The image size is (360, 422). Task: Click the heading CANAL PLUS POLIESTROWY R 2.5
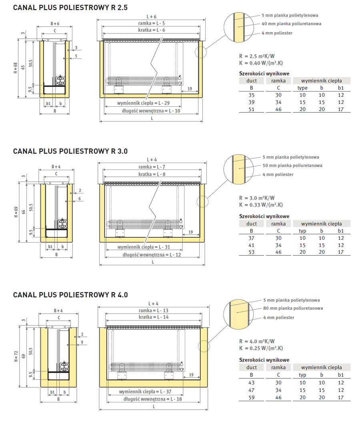pos(70,7)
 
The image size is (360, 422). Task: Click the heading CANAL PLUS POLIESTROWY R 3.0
pos(70,151)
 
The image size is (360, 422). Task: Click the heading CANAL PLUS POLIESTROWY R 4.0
pos(70,295)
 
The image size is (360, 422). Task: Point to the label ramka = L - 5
pos(151,24)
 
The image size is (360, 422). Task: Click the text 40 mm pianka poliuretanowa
pos(292,24)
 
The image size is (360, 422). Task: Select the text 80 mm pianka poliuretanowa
pos(293,308)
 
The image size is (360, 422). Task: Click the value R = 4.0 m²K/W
pos(256,341)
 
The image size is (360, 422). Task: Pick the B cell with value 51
pos(252,109)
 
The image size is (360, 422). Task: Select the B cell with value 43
pos(252,382)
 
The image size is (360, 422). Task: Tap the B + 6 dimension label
pos(55,23)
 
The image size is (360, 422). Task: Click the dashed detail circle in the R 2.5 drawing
pos(201,52)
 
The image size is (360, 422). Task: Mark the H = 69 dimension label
pos(16,211)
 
